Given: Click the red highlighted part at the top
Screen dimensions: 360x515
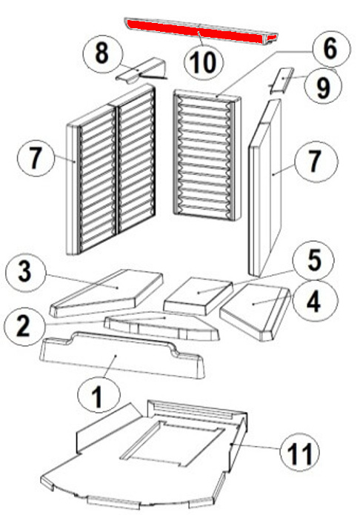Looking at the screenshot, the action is tap(200, 32).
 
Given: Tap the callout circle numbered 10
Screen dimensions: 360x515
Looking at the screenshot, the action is tap(204, 62).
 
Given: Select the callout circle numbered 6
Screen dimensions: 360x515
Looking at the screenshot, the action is tap(330, 50).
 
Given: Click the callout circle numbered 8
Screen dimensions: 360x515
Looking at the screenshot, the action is tap(102, 53).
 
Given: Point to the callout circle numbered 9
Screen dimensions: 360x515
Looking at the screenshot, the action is tap(322, 86).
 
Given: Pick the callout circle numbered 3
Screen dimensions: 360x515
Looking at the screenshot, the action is tap(25, 272).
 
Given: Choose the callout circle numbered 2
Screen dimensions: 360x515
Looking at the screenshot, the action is tap(23, 326).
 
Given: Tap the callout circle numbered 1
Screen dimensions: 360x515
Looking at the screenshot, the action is tap(99, 396).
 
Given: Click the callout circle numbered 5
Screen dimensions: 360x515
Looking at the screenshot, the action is tap(314, 261).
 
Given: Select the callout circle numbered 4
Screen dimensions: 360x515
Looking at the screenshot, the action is tap(313, 301).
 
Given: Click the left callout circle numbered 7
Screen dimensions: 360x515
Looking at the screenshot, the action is tap(35, 159).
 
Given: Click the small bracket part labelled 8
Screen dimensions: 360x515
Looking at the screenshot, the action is tap(141, 70).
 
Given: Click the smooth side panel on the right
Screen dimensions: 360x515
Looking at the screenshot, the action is tap(265, 187).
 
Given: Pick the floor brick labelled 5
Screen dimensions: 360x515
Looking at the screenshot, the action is tap(199, 296).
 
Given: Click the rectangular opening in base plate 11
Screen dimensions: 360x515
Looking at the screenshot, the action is tap(173, 442).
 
